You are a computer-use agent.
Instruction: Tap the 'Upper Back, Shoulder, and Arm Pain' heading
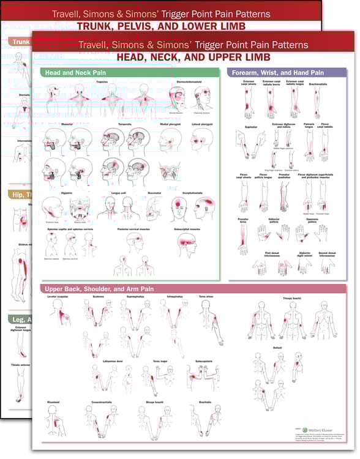(99, 288)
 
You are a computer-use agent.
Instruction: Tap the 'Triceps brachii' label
(292, 299)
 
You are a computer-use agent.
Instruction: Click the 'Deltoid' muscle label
(277, 348)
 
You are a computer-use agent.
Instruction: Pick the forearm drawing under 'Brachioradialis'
(319, 101)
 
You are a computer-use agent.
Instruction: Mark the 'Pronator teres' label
(244, 218)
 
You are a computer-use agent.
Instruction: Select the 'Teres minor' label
(206, 296)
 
